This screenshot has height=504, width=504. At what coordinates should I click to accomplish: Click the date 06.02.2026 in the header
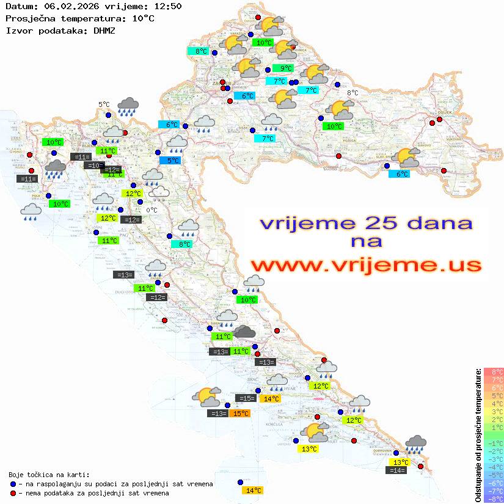click(68, 7)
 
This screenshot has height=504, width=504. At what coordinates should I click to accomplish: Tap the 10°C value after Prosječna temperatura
click(143, 18)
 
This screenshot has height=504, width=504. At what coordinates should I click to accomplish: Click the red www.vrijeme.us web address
click(365, 265)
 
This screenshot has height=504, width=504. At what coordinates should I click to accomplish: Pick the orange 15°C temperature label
click(241, 414)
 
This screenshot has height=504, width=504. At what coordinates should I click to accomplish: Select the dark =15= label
click(246, 398)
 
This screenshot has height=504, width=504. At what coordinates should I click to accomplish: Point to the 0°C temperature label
click(152, 210)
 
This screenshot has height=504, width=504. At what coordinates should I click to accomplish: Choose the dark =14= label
click(396, 470)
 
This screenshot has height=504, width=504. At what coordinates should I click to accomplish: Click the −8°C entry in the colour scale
click(493, 499)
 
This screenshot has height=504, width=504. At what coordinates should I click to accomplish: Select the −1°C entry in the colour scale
click(493, 443)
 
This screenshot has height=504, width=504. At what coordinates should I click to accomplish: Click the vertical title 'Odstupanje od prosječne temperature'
click(478, 435)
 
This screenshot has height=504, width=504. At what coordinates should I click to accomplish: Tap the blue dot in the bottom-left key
click(13, 484)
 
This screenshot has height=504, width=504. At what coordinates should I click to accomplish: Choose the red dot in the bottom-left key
click(13, 493)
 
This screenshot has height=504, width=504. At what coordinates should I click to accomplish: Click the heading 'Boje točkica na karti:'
click(49, 474)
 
